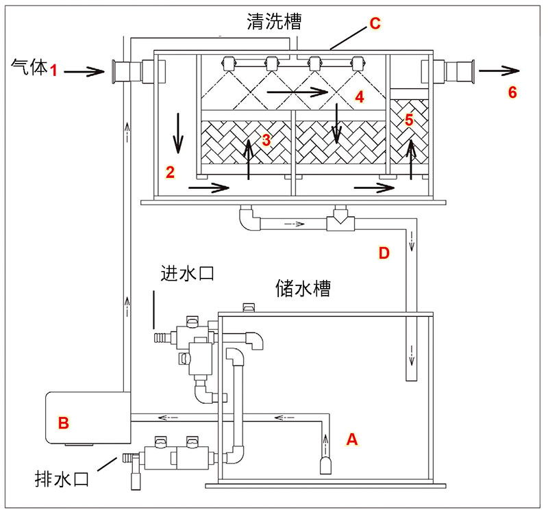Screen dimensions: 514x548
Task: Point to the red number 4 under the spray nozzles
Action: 360,97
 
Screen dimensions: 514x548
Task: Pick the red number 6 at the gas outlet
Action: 512,92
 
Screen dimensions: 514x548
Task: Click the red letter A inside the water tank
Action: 352,439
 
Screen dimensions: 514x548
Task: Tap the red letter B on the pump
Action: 63,423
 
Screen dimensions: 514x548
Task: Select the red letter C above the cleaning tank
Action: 375,23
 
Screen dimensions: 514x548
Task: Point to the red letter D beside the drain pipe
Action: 384,254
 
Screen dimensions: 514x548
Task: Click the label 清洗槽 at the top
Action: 274,22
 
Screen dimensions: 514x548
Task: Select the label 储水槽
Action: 303,287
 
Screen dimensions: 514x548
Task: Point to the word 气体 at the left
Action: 28,67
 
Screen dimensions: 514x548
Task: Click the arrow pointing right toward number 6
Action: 499,70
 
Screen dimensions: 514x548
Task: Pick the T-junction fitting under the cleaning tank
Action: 338,223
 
